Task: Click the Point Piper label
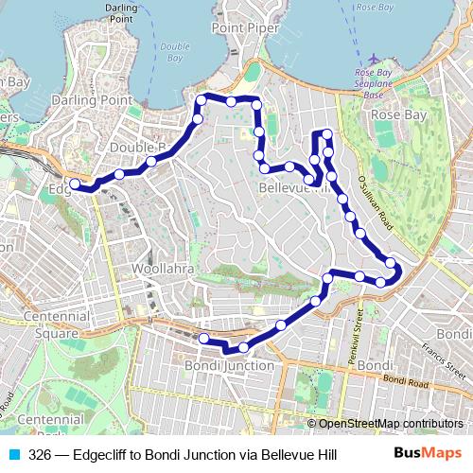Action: click(x=245, y=28)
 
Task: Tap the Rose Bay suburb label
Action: click(x=399, y=114)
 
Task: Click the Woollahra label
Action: click(x=163, y=270)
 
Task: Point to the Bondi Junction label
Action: click(x=230, y=365)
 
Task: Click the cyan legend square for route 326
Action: click(x=13, y=455)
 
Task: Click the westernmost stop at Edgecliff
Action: click(x=76, y=184)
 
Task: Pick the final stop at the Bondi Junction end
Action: click(x=203, y=339)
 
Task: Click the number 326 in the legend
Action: click(x=41, y=455)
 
